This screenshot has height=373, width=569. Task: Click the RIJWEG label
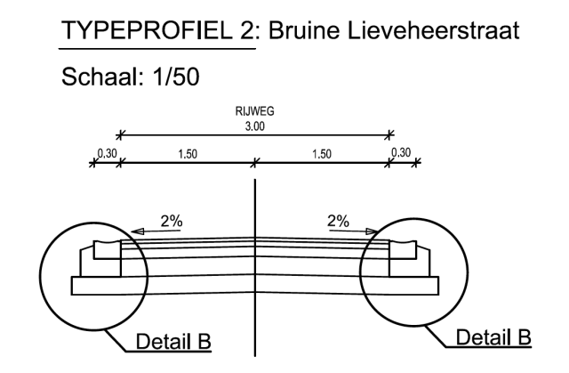256,115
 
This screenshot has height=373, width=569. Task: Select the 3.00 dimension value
256,127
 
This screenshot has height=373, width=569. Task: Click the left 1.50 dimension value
187,154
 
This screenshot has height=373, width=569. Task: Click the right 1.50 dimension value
322,154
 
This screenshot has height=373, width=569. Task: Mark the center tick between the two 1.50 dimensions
256,162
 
